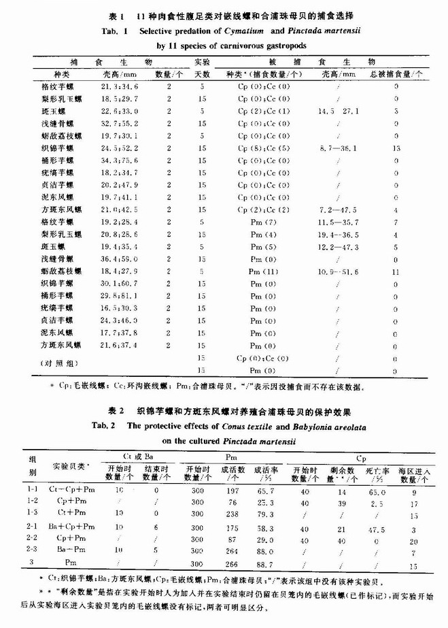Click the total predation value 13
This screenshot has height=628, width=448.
click(x=414, y=148)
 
